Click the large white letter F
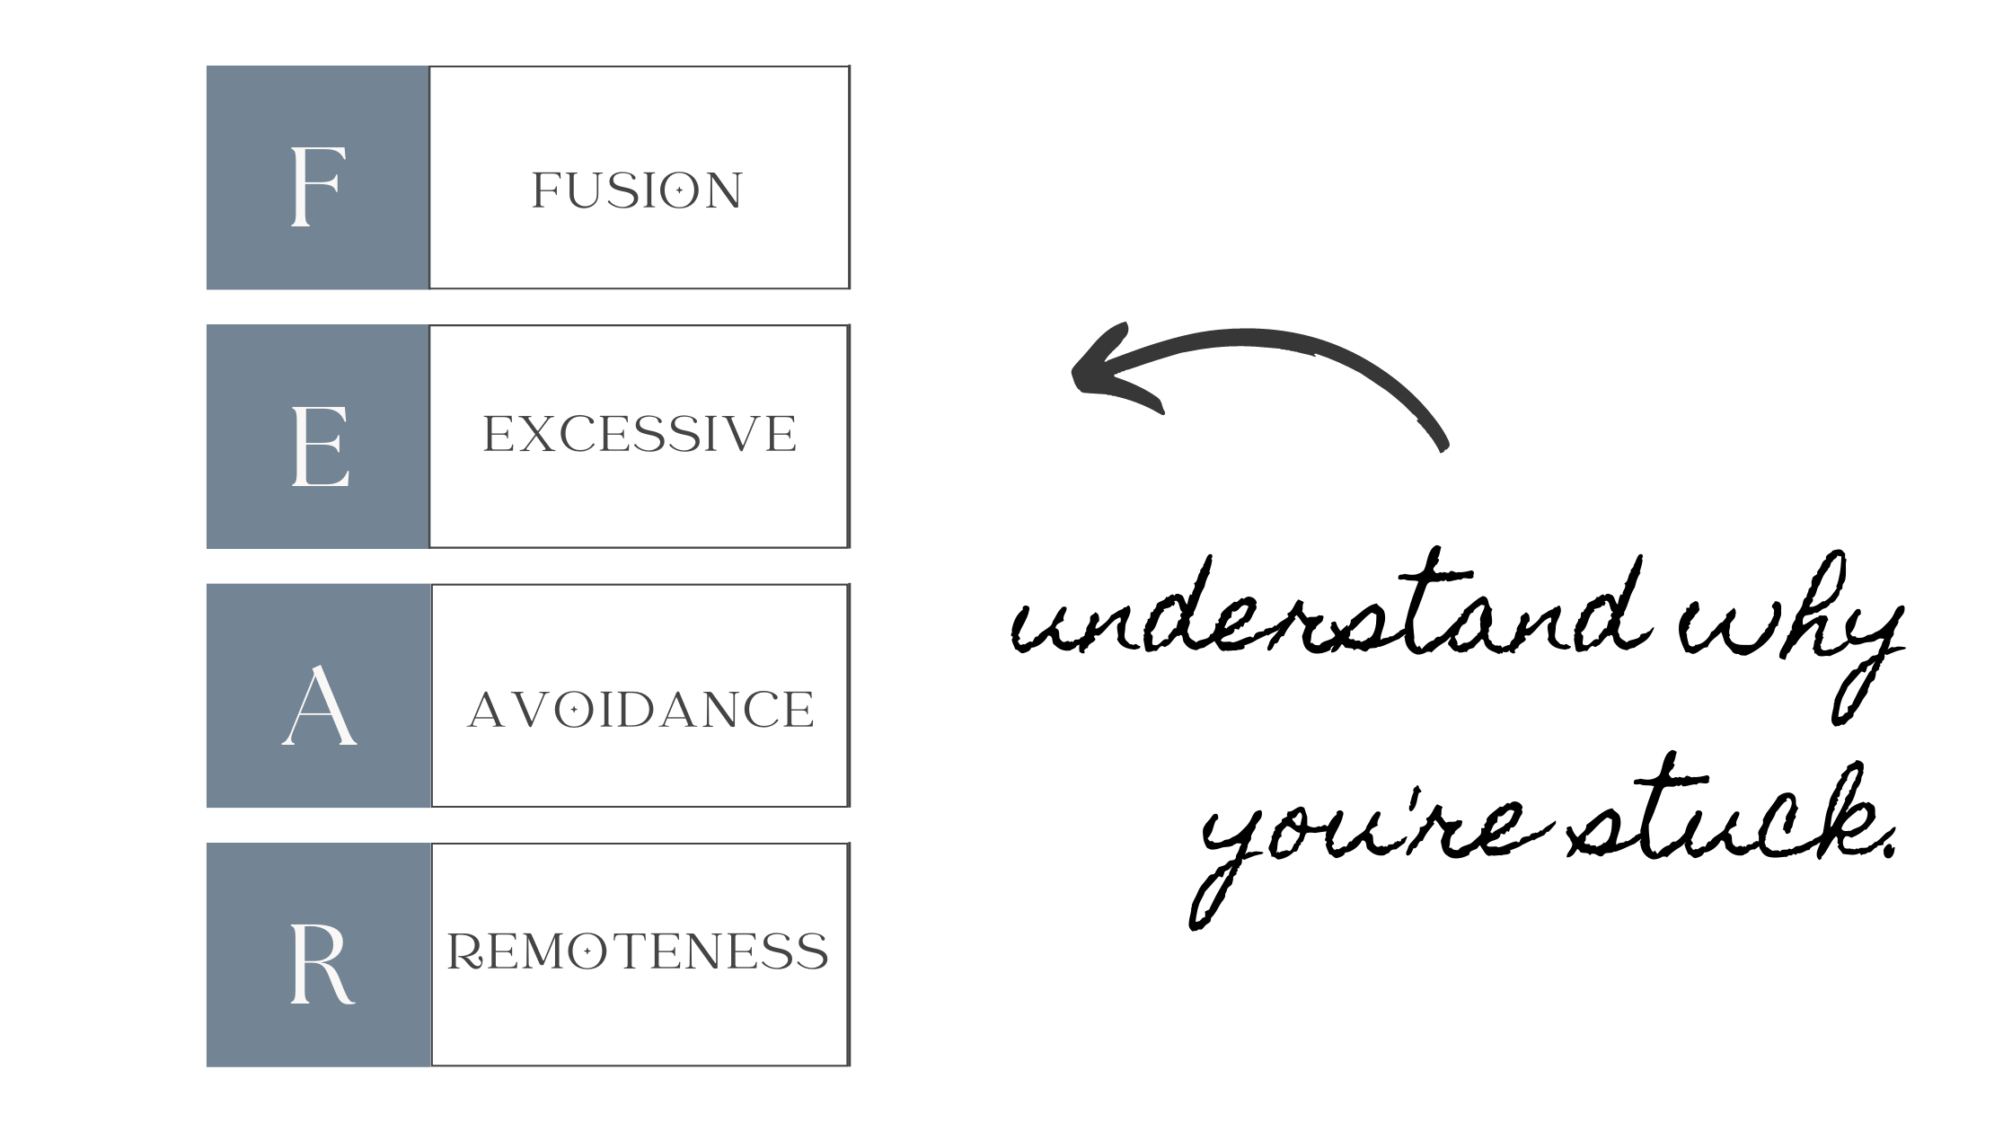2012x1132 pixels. pyautogui.click(x=317, y=187)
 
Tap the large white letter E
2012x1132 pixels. pyautogui.click(x=320, y=447)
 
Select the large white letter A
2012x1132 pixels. pyautogui.click(x=319, y=706)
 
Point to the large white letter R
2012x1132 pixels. pyautogui.click(x=321, y=965)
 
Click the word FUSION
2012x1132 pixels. pyautogui.click(x=636, y=190)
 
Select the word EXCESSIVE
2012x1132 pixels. pyautogui.click(x=639, y=434)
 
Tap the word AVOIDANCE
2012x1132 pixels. pyautogui.click(x=640, y=710)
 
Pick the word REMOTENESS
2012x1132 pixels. pyautogui.click(x=637, y=951)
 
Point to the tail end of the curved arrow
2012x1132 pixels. pyautogui.click(x=1443, y=444)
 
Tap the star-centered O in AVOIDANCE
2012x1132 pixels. pyautogui.click(x=573, y=710)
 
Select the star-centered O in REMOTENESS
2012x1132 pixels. pyautogui.click(x=587, y=951)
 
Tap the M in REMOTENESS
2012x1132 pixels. pyautogui.click(x=540, y=951)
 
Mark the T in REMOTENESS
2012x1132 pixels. pyautogui.click(x=629, y=951)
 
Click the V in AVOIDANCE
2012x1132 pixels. pyautogui.click(x=530, y=710)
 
